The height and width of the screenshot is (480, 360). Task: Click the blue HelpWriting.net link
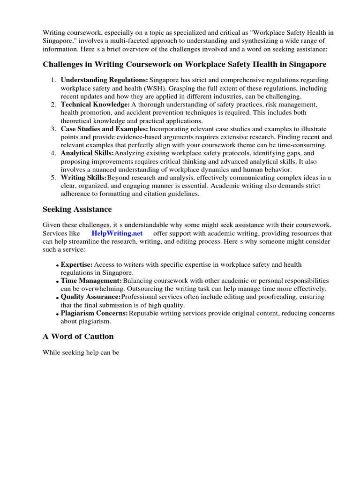coord(117,233)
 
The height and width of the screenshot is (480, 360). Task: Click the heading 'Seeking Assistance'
coord(77,209)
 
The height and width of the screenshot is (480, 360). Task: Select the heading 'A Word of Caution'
coord(78,336)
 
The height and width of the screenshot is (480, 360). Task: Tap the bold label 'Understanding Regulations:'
coord(104,80)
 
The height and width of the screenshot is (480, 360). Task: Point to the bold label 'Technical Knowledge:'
coord(95,105)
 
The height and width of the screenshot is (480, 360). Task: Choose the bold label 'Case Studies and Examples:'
coord(104,129)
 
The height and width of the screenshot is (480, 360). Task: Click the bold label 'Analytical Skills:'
coord(87,153)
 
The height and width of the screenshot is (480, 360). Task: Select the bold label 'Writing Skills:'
coord(84,178)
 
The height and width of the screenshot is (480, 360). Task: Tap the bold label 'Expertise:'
coord(76,265)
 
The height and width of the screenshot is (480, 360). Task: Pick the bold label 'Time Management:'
coord(91,280)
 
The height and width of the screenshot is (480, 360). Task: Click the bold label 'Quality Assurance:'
coord(90,297)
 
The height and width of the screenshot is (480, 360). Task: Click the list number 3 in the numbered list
coord(54,129)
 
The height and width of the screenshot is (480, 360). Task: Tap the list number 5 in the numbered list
coord(54,178)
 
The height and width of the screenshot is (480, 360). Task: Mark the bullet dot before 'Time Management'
coord(57,281)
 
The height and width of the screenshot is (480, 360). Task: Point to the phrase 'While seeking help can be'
coord(82,353)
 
